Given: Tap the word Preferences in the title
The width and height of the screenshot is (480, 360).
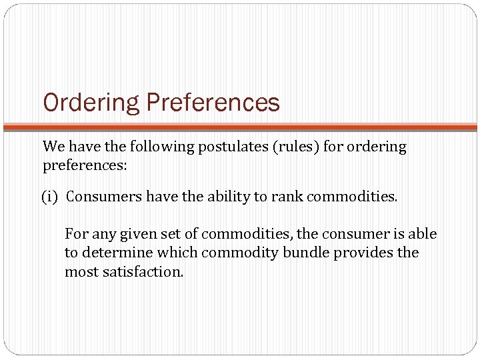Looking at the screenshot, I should (x=213, y=103).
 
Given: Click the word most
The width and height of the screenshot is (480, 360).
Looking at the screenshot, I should (x=77, y=272).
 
